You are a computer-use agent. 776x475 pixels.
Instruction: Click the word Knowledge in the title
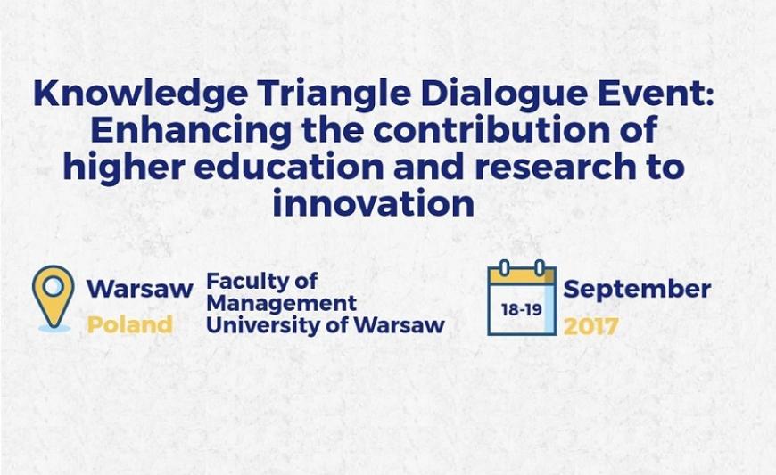[x=140, y=94]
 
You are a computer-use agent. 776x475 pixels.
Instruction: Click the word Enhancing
[x=191, y=131]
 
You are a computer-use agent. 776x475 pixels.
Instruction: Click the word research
[x=555, y=167]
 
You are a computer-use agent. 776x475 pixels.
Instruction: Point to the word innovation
[x=374, y=203]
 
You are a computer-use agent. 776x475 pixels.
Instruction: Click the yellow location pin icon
[x=54, y=297]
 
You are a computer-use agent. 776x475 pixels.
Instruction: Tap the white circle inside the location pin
[x=54, y=286]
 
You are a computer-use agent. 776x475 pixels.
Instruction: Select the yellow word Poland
[x=129, y=324]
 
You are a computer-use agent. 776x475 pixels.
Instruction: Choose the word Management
[x=281, y=304]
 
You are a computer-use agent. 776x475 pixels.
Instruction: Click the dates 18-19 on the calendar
[x=522, y=310]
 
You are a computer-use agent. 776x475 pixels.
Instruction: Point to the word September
[x=638, y=290]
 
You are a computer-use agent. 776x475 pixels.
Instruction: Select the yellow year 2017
[x=590, y=326]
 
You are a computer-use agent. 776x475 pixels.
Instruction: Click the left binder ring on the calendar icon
[x=504, y=268]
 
